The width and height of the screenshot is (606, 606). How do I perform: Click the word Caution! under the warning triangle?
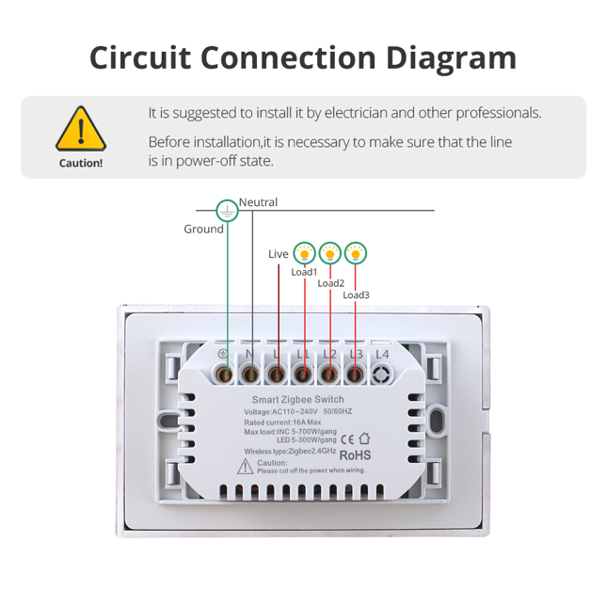coord(81,163)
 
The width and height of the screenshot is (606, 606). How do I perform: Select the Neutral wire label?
coord(259,202)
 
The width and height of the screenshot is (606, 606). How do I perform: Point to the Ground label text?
coord(203,229)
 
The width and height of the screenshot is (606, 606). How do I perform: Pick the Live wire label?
coord(279,254)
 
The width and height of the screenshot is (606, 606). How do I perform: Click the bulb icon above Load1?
coord(304,253)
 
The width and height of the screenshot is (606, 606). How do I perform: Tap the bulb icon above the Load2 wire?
coord(329,252)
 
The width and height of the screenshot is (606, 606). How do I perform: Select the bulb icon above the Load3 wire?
coord(355,252)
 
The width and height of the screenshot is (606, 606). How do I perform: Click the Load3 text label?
coord(356,295)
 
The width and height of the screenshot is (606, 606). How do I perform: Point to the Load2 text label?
coord(330,283)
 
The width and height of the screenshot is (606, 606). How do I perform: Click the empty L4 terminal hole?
coord(381,374)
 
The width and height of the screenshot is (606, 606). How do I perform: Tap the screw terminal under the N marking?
coord(250,374)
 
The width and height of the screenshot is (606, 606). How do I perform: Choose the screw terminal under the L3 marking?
coord(355,374)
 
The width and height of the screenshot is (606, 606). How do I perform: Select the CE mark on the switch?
coord(346,437)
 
